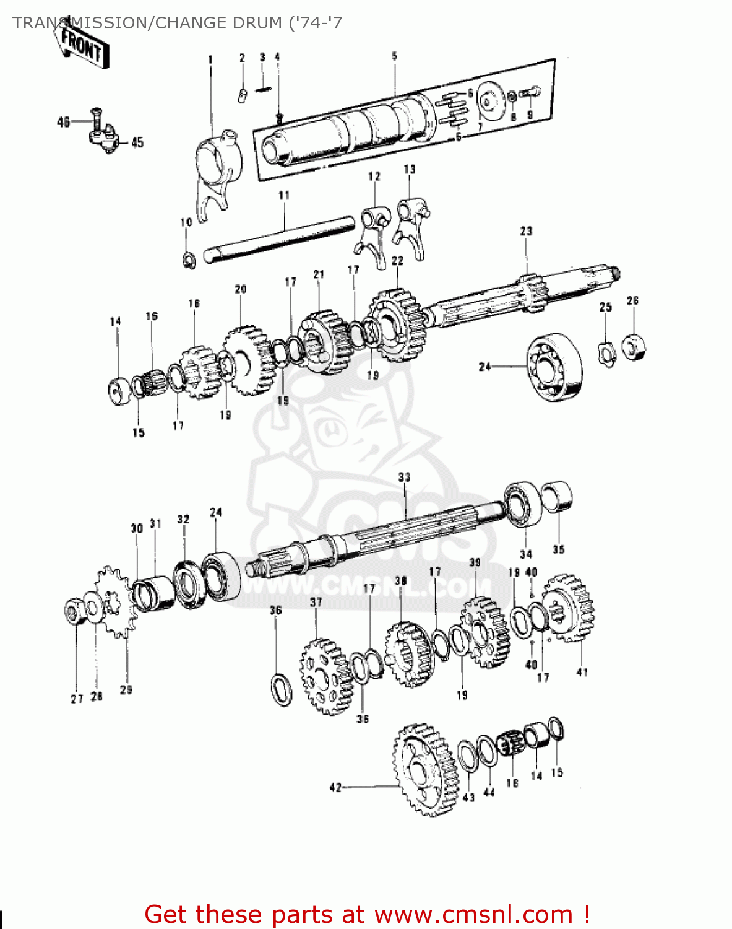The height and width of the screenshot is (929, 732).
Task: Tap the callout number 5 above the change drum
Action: [x=394, y=56]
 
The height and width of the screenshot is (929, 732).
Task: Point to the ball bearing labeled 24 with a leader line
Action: [x=555, y=367]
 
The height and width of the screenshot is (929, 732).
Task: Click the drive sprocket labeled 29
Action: [x=114, y=601]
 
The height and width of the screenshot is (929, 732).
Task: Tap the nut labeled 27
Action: [x=74, y=611]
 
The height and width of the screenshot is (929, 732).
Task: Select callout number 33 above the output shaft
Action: [x=404, y=478]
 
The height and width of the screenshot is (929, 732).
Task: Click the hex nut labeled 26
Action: [x=634, y=347]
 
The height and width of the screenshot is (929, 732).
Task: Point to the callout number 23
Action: [x=526, y=231]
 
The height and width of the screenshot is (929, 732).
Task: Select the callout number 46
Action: [x=63, y=122]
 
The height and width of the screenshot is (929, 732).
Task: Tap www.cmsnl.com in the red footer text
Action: [x=473, y=914]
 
